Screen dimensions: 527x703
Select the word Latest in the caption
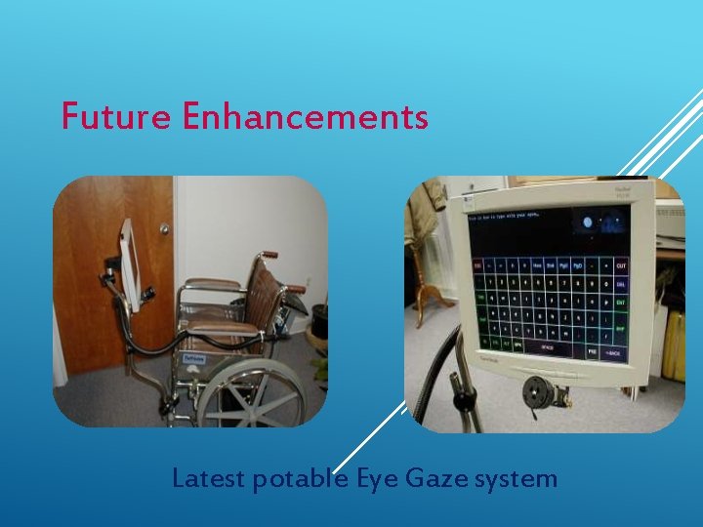pyautogui.click(x=207, y=479)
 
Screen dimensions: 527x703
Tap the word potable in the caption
pyautogui.click(x=292, y=479)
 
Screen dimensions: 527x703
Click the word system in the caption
pyautogui.click(x=517, y=479)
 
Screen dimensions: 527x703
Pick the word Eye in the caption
pyautogui.click(x=376, y=479)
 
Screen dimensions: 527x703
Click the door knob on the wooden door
pyautogui.click(x=164, y=229)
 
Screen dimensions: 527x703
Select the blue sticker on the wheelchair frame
pyautogui.click(x=193, y=358)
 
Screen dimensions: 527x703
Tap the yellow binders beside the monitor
pyautogui.click(x=674, y=346)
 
